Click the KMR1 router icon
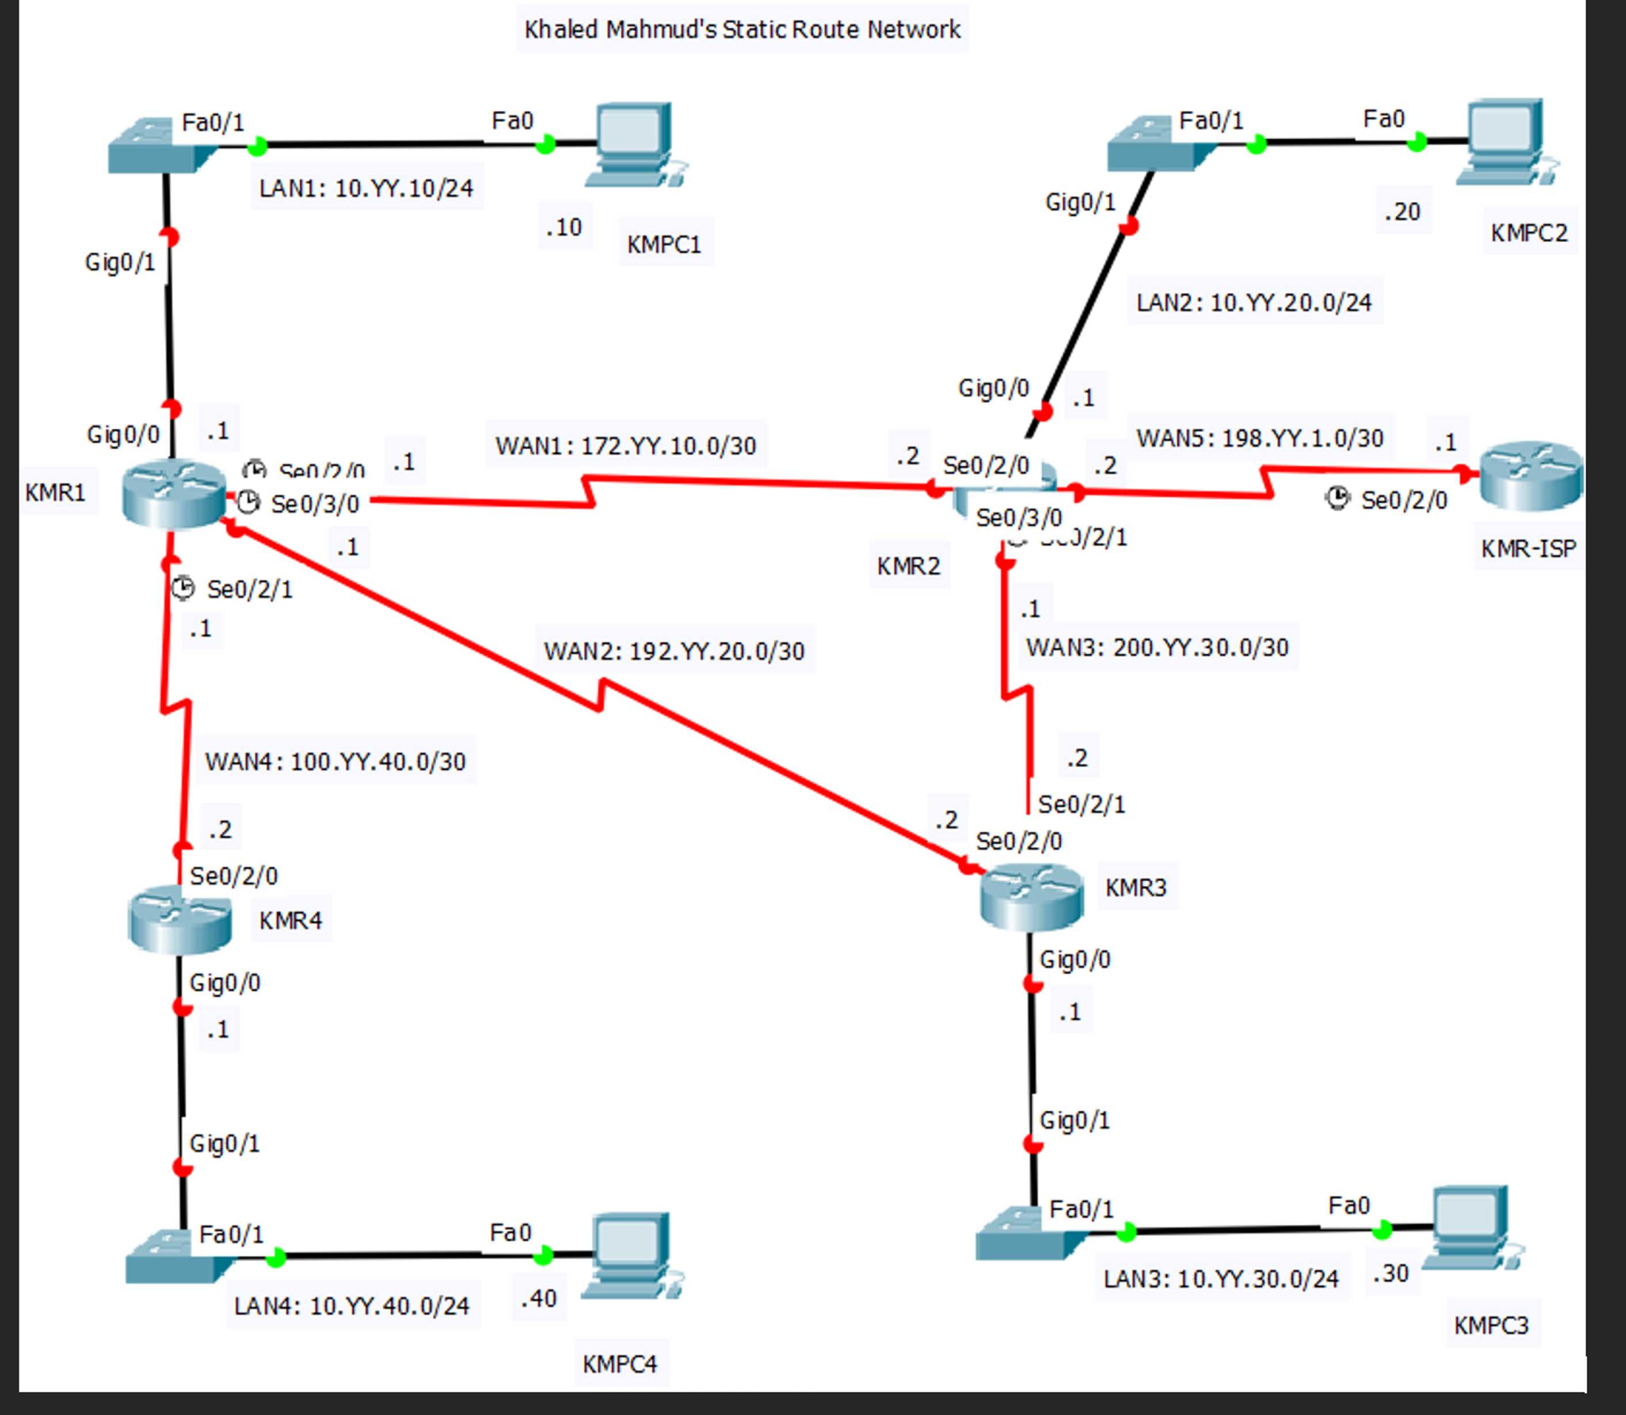[174, 494]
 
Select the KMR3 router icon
[1031, 897]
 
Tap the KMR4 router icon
[180, 919]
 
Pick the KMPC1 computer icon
[636, 145]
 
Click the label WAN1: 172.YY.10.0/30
[625, 446]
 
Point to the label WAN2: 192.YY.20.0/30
[674, 651]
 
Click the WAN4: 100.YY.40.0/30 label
[336, 762]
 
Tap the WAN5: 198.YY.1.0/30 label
[1260, 439]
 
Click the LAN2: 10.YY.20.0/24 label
[1254, 303]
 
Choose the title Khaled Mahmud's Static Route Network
[742, 30]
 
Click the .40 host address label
[538, 1299]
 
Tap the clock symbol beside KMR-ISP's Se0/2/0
[1336, 498]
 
